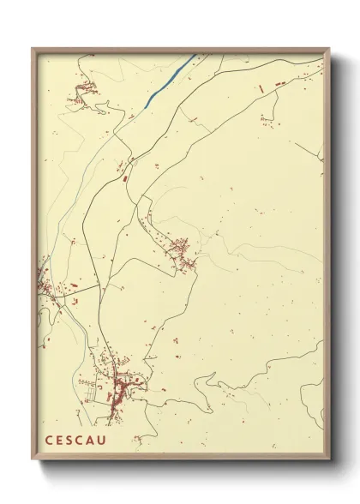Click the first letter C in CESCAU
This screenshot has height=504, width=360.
[49, 441]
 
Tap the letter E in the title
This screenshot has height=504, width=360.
[61, 441]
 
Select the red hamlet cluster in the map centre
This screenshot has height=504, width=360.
[182, 252]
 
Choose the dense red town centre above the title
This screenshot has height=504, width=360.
[120, 393]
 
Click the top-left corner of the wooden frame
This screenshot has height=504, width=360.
[33, 49]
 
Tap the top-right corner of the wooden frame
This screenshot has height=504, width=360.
[329, 50]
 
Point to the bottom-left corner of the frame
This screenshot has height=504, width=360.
[33, 461]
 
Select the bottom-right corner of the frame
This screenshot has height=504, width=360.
[329, 461]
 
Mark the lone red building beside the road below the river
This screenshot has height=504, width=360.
[125, 180]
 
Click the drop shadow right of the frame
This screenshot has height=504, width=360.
[338, 257]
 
